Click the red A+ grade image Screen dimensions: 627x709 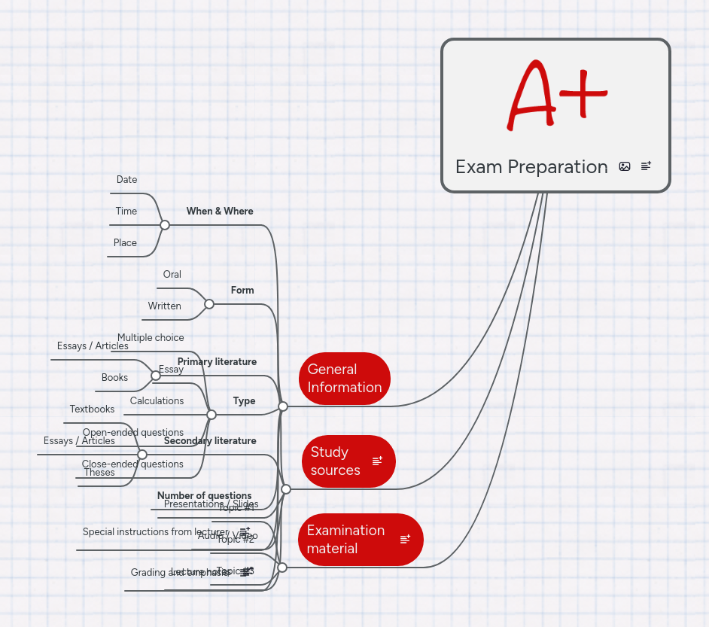click(557, 94)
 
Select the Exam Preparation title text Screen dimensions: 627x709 click(531, 167)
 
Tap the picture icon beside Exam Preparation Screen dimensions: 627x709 click(625, 166)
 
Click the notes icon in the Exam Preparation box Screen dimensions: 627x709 click(647, 166)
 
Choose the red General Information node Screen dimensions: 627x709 click(345, 379)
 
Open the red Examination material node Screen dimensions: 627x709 click(346, 540)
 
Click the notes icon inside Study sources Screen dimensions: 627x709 click(378, 461)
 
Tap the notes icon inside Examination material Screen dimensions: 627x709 click(406, 539)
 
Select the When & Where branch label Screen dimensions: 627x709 click(220, 212)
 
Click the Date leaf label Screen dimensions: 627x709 click(127, 180)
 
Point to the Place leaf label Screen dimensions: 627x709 click(126, 243)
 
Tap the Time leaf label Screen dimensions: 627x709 click(126, 212)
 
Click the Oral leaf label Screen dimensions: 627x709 click(172, 275)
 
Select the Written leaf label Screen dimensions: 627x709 click(165, 306)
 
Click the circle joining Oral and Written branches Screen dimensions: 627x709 click(209, 304)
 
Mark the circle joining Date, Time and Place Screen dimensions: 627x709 click(165, 225)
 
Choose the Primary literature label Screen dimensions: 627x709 click(217, 362)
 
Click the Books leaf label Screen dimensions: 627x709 click(115, 378)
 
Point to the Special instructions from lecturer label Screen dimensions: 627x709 click(154, 532)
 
